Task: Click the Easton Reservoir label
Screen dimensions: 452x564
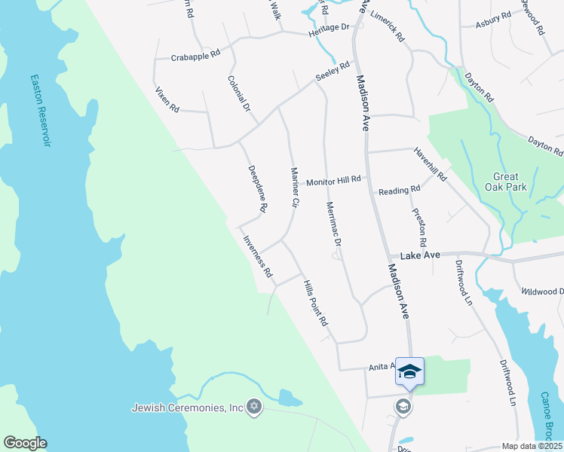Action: [x=41, y=110]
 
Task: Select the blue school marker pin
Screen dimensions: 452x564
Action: [x=409, y=371]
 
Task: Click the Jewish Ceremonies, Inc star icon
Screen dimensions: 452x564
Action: [x=254, y=408]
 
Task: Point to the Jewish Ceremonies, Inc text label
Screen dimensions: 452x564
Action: [x=187, y=408]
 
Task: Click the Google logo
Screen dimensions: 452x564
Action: [x=25, y=443]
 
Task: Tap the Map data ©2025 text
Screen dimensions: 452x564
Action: [x=532, y=446]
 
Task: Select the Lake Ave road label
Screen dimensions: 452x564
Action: [x=420, y=256]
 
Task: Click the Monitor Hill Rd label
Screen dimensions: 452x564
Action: [x=334, y=182]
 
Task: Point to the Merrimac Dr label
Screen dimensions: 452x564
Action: [x=335, y=225]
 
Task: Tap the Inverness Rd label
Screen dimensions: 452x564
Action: [x=257, y=258]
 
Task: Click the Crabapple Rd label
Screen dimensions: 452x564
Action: [x=195, y=56]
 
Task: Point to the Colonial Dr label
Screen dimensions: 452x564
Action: [x=240, y=93]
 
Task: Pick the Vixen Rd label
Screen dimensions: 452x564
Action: [x=167, y=100]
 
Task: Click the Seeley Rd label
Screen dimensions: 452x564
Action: [x=333, y=72]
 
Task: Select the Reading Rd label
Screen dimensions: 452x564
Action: [x=399, y=191]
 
